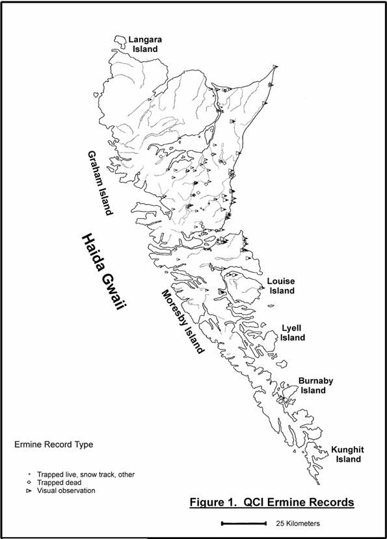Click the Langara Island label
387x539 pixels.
tap(144, 44)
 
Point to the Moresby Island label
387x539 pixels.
tap(181, 321)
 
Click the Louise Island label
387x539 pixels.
tap(280, 286)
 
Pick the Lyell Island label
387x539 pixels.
tap(293, 333)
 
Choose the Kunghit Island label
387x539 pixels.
tap(345, 455)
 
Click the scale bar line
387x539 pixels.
tap(243, 522)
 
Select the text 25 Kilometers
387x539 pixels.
tap(297, 522)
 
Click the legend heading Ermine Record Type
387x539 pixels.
tap(53, 445)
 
